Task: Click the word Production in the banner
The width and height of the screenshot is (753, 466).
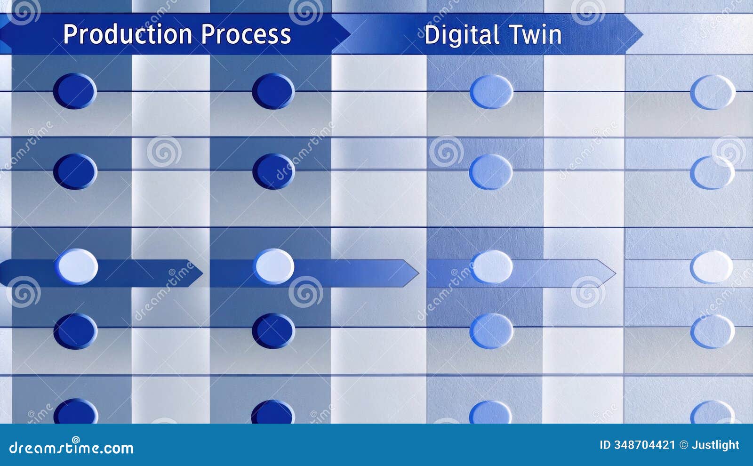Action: [127, 34]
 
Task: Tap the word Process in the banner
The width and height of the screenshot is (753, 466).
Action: [246, 34]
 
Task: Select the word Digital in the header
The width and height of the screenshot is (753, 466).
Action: [461, 35]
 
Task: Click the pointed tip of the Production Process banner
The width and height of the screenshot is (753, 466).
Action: [349, 34]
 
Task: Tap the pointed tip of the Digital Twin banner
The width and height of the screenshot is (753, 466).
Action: [641, 34]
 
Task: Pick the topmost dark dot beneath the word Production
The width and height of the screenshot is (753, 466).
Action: [75, 91]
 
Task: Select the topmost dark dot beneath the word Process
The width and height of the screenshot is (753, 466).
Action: [273, 91]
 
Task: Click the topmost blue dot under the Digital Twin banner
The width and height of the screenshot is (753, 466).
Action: [491, 91]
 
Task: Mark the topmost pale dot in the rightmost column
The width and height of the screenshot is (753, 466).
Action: [713, 92]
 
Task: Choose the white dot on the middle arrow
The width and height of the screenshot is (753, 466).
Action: [274, 266]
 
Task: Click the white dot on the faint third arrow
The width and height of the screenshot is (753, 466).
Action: [492, 267]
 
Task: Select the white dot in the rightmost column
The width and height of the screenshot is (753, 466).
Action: [712, 267]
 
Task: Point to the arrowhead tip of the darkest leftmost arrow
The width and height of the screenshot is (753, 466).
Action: [202, 273]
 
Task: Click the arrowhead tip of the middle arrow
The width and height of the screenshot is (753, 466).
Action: [417, 273]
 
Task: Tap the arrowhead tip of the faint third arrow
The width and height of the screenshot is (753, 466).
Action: [615, 273]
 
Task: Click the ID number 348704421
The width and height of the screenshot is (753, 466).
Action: [644, 445]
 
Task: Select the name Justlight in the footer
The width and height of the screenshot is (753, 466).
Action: [715, 445]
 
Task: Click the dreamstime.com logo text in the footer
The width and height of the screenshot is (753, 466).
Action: [71, 448]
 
